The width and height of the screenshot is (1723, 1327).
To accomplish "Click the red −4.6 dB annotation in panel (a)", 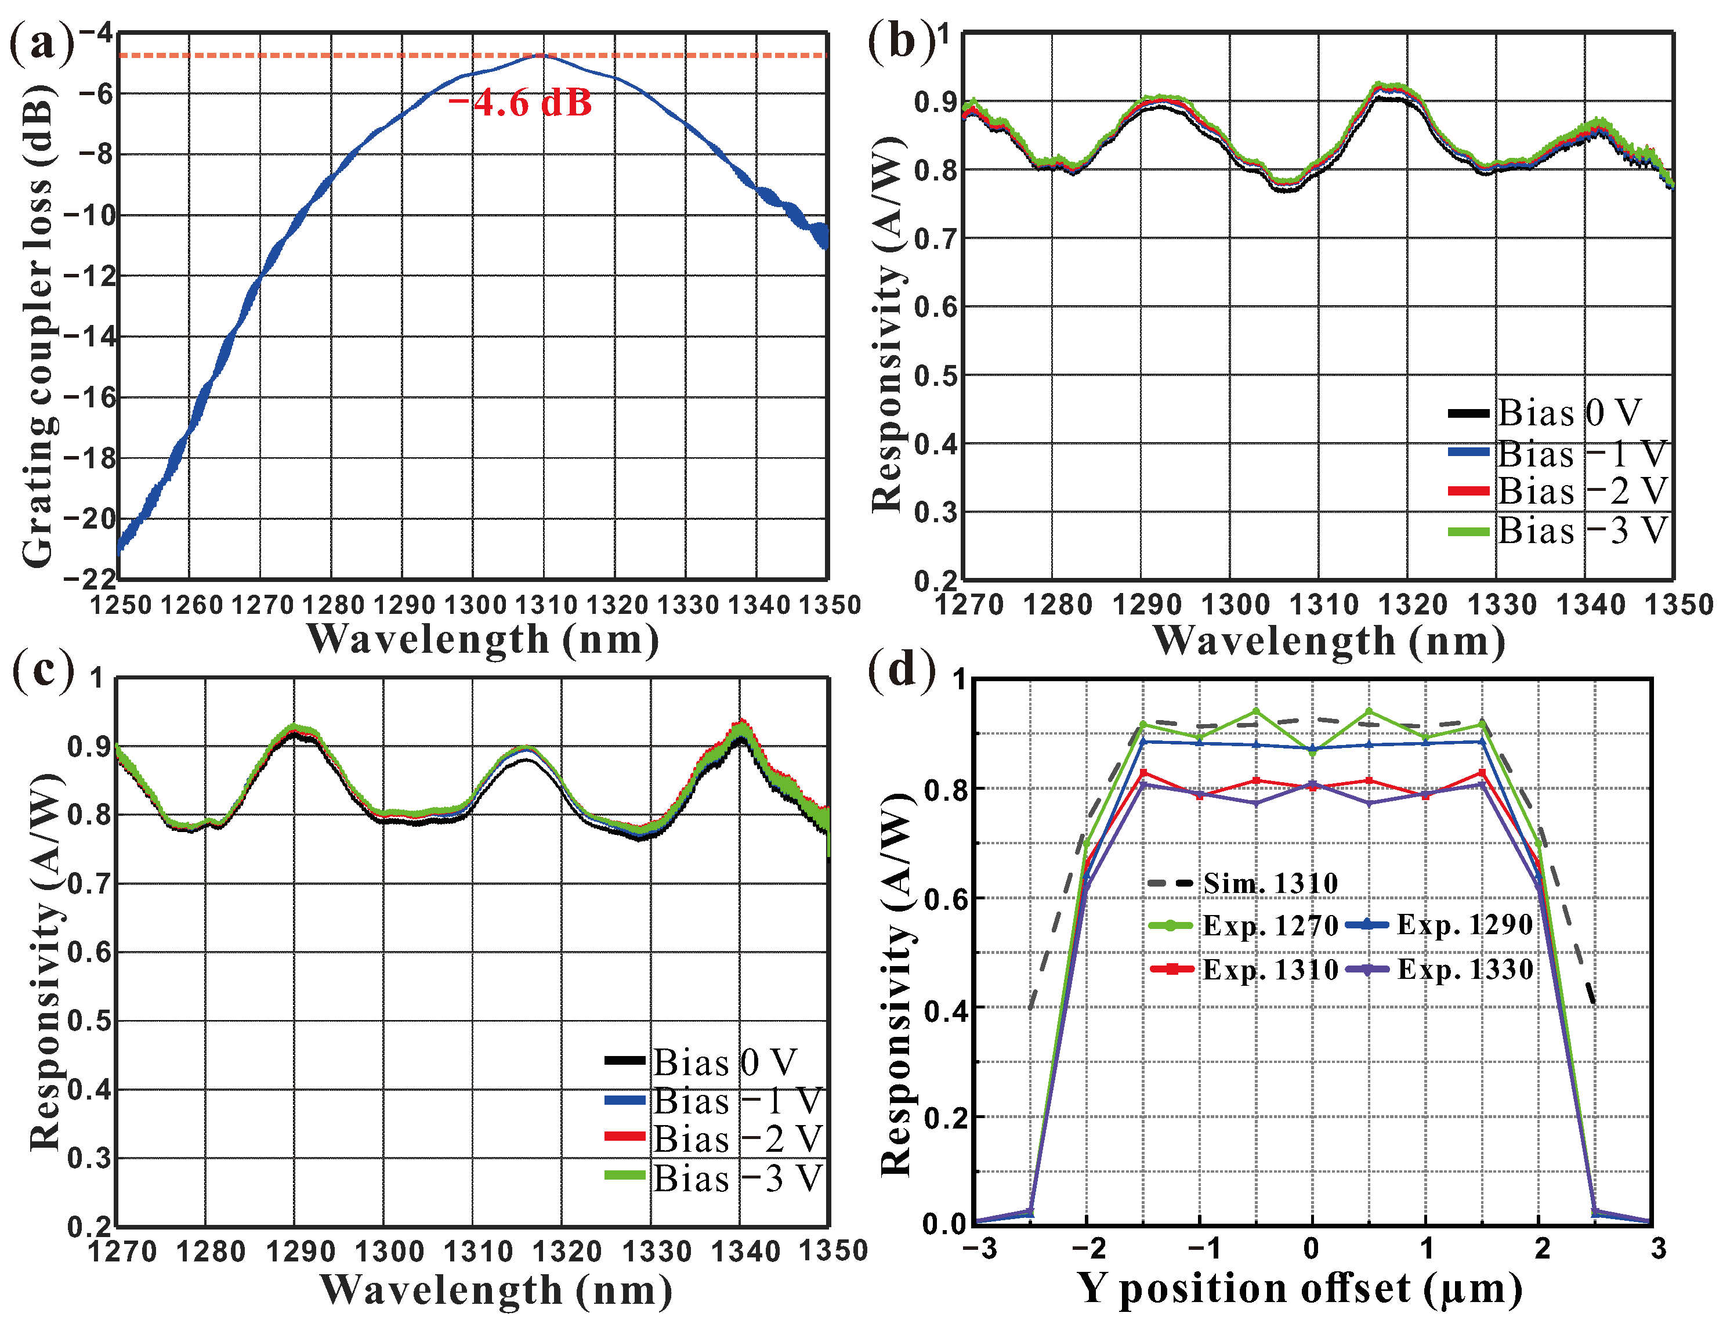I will pyautogui.click(x=519, y=103).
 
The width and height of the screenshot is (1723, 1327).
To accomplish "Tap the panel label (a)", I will pyautogui.click(x=41, y=42).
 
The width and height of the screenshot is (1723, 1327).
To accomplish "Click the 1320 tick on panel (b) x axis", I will pyautogui.click(x=1413, y=605).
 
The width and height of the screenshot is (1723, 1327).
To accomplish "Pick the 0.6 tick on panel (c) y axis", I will pyautogui.click(x=88, y=952).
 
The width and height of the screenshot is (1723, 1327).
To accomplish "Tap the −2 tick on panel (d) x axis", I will pyautogui.click(x=1090, y=1248).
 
